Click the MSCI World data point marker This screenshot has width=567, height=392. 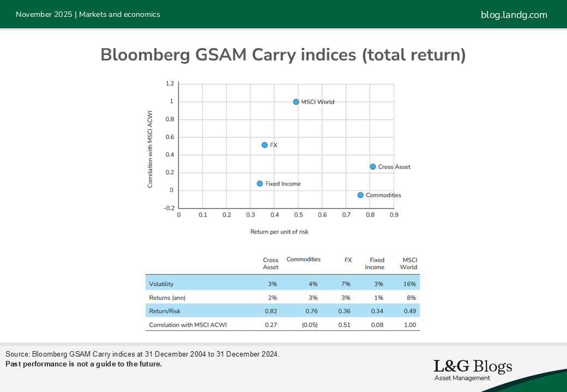click(x=296, y=102)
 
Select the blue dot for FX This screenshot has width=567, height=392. click(x=264, y=145)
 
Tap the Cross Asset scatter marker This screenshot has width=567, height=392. click(x=373, y=167)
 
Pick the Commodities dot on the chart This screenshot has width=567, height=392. click(x=360, y=195)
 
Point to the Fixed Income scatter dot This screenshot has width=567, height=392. click(x=260, y=183)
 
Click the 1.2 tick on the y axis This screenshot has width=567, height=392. click(x=170, y=84)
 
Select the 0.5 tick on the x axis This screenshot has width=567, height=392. click(x=298, y=215)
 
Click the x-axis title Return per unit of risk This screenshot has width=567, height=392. click(x=279, y=231)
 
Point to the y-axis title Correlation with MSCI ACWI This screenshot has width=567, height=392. click(x=150, y=150)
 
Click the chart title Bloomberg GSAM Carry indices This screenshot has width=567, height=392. click(x=283, y=55)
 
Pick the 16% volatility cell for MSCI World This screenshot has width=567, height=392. click(x=409, y=284)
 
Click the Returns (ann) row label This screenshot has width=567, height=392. click(x=167, y=298)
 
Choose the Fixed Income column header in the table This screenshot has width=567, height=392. click(x=377, y=264)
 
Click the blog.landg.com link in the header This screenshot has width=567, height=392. click(x=514, y=15)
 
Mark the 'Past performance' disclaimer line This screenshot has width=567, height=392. click(x=83, y=364)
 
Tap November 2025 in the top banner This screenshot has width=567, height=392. click(x=44, y=15)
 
